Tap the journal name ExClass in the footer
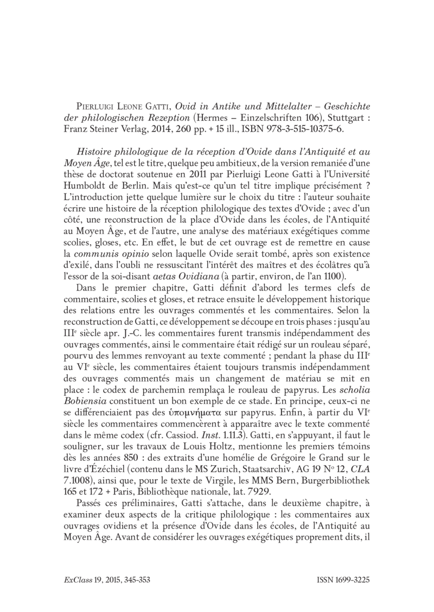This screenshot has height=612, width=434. click(75, 579)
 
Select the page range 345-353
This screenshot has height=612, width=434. click(132, 579)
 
